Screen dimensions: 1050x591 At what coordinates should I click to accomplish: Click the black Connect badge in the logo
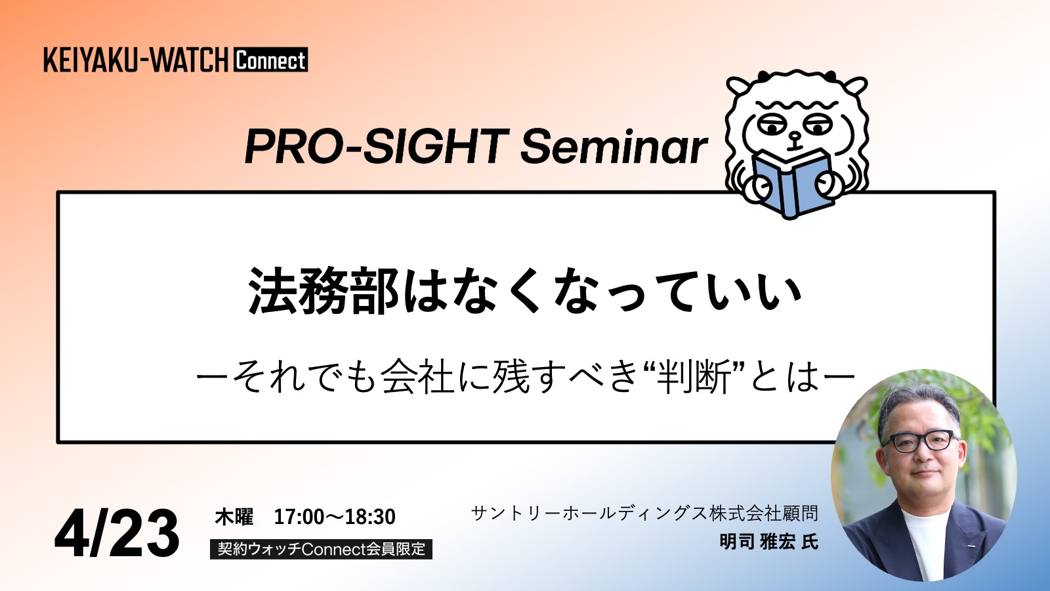click(270, 60)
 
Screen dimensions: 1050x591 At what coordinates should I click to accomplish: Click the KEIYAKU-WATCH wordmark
click(136, 60)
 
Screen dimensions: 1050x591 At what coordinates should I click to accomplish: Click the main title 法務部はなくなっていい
click(524, 291)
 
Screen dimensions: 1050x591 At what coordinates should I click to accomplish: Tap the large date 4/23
click(117, 533)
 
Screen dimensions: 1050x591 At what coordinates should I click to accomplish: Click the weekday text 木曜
click(234, 516)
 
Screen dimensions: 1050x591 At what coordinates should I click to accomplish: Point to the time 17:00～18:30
click(335, 516)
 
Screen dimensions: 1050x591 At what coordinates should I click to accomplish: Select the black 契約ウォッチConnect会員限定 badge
click(321, 549)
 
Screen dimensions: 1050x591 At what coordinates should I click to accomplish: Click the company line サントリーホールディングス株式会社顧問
click(644, 513)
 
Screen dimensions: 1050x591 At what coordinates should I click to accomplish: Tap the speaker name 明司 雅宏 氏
click(768, 542)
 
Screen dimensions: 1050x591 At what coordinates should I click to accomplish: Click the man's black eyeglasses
click(920, 441)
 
